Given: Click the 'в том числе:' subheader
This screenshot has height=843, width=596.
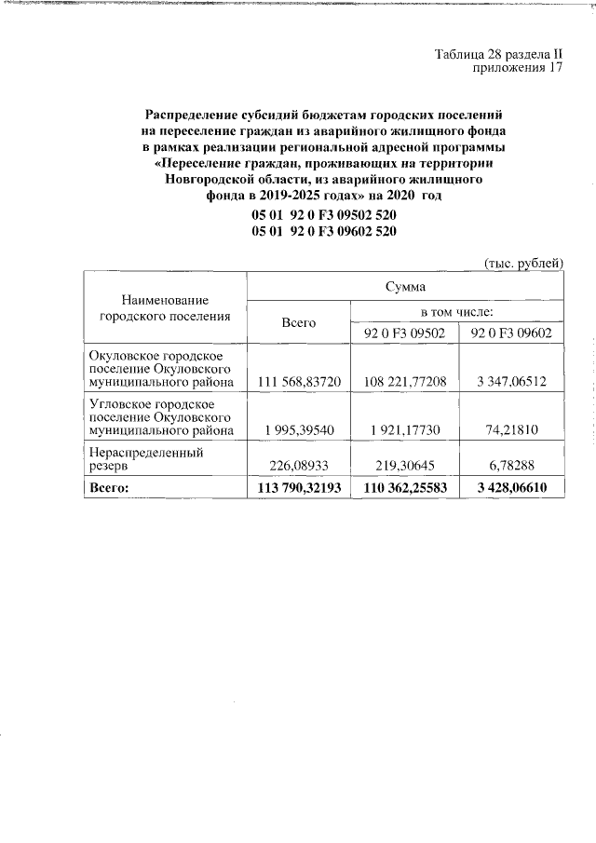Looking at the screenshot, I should click(x=457, y=312).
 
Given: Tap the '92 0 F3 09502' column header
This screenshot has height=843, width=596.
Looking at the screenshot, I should click(x=404, y=333).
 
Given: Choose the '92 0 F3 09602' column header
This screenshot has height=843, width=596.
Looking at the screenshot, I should click(x=511, y=333).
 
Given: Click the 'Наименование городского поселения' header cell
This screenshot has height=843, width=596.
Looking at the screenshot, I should click(x=165, y=308).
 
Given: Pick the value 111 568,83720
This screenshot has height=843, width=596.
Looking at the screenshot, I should click(x=298, y=381).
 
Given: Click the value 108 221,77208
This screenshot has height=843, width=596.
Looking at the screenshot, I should click(x=404, y=381).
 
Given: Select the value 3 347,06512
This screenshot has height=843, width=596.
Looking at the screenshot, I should click(x=511, y=381).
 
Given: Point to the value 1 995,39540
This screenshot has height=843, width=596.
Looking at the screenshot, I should click(x=298, y=431).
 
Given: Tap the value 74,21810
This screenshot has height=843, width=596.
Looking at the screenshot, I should click(x=511, y=431).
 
